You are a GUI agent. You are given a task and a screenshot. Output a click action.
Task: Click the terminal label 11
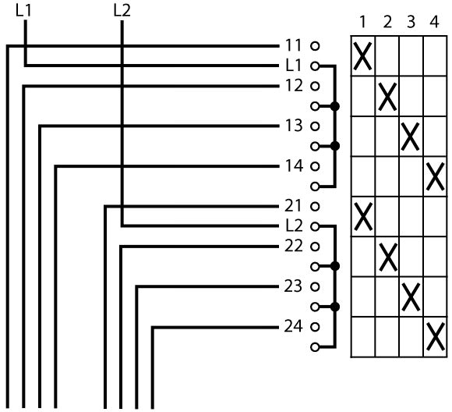293,45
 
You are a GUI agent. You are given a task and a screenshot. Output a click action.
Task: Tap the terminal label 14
294,166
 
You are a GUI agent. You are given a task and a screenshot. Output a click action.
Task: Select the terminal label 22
294,247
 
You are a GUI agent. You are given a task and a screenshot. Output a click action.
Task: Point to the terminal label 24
294,326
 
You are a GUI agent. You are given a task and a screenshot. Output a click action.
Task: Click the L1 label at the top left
23,11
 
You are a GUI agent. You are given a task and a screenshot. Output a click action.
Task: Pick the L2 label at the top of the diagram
122,11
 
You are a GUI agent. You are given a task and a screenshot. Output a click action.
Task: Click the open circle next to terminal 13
315,126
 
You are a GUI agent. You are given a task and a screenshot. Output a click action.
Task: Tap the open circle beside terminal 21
315,207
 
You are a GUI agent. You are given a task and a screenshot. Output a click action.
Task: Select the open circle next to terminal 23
315,286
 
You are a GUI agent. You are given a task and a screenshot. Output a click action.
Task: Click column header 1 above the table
362,22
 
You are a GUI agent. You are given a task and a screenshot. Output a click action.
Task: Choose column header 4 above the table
434,22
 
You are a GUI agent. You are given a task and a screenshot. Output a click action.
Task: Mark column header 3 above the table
411,22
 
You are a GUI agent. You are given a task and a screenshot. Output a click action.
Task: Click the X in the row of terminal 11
362,56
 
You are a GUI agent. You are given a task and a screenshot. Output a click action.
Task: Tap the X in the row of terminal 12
387,97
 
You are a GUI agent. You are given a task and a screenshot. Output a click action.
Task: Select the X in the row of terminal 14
435,176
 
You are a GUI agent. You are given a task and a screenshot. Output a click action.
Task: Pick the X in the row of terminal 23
411,297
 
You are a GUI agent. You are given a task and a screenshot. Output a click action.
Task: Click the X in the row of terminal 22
388,257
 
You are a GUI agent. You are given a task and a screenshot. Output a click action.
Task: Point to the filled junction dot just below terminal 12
334,106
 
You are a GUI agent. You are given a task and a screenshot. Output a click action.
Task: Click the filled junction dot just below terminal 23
334,307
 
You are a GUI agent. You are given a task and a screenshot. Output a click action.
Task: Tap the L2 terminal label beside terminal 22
294,226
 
